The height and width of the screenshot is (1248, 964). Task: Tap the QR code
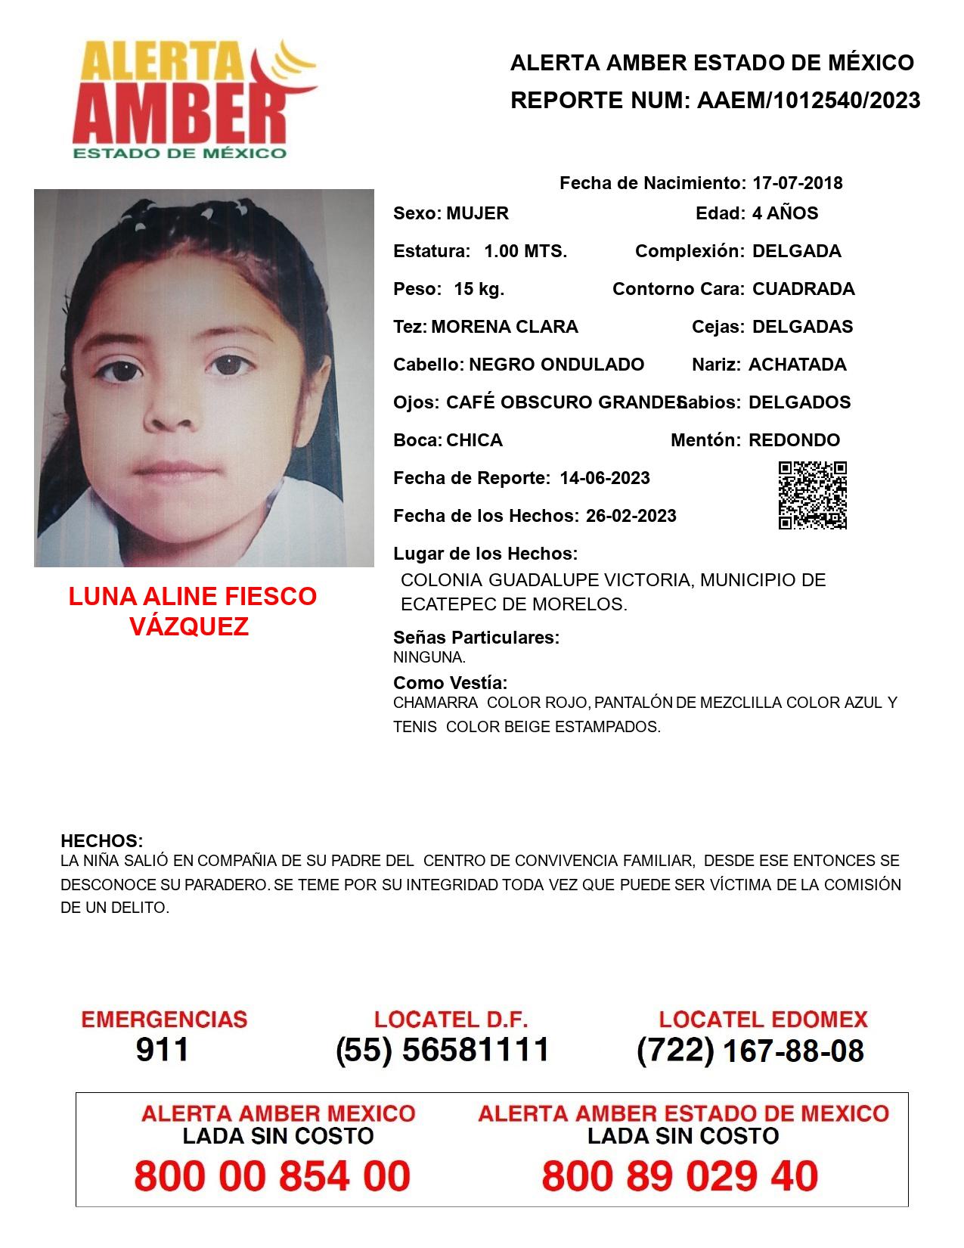tap(812, 495)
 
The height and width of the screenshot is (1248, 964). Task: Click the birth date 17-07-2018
tap(797, 183)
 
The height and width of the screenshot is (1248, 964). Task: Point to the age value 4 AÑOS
tap(785, 213)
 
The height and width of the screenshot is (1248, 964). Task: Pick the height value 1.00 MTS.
tap(525, 251)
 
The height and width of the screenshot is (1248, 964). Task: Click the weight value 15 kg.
tap(479, 289)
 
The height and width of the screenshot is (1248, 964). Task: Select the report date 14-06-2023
tap(605, 478)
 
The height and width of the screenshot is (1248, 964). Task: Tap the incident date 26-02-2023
tap(631, 516)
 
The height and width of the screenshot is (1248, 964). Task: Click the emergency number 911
tap(163, 1050)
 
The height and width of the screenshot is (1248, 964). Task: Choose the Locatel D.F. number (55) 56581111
tap(442, 1050)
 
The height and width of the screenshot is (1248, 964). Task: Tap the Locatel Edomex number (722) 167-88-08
tap(750, 1051)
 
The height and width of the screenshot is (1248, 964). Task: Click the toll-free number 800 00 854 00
tap(272, 1176)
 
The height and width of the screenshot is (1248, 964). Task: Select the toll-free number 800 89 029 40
tap(680, 1176)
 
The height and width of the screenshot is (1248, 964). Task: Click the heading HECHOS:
tap(101, 841)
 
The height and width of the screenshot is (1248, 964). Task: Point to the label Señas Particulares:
tap(476, 638)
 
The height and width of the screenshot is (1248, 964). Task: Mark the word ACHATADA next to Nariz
tap(797, 365)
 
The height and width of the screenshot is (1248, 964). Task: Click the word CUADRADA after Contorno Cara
tap(803, 289)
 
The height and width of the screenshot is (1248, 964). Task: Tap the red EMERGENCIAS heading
tap(164, 1020)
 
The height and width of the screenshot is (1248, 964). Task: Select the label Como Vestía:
tap(450, 683)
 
